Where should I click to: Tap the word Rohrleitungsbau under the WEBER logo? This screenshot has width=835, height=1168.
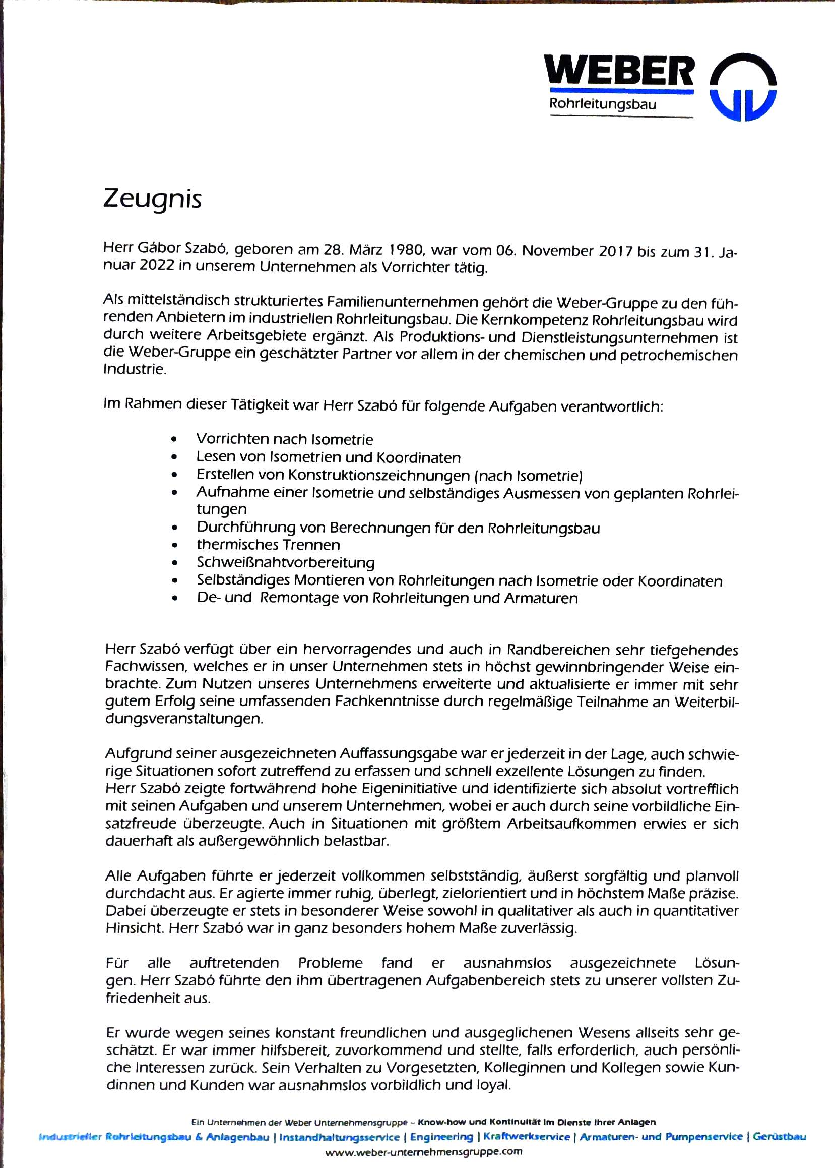(x=603, y=104)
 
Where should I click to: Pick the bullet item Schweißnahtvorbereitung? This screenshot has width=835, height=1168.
(x=285, y=562)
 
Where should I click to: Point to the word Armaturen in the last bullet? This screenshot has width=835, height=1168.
(x=541, y=598)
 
